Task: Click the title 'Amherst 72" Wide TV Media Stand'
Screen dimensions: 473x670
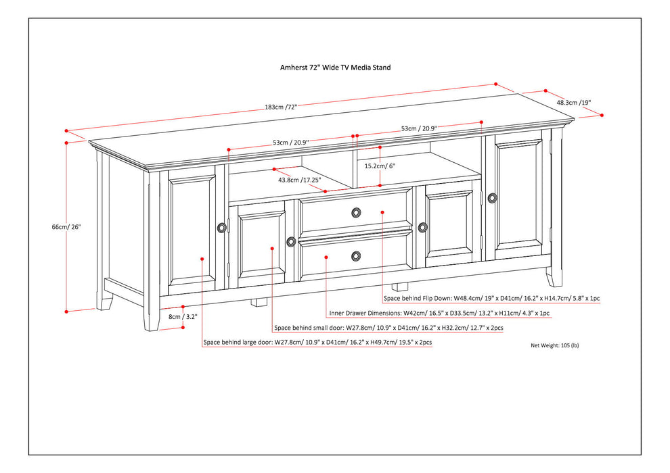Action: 336,68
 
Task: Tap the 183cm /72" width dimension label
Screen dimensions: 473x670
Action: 282,107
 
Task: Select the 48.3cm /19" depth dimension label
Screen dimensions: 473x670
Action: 574,103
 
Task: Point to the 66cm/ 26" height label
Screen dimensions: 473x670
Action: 66,227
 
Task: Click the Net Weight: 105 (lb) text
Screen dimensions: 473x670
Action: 554,345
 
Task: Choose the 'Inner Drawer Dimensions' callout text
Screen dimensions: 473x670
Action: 439,313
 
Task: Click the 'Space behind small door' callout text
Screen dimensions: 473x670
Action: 388,328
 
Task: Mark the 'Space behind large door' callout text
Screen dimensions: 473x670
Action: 317,343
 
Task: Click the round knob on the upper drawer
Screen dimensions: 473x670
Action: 356,212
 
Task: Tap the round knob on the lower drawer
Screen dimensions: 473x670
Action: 356,255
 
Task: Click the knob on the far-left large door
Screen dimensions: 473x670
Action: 221,228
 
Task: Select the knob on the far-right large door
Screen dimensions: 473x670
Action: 492,197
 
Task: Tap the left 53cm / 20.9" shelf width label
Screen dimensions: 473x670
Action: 290,143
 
